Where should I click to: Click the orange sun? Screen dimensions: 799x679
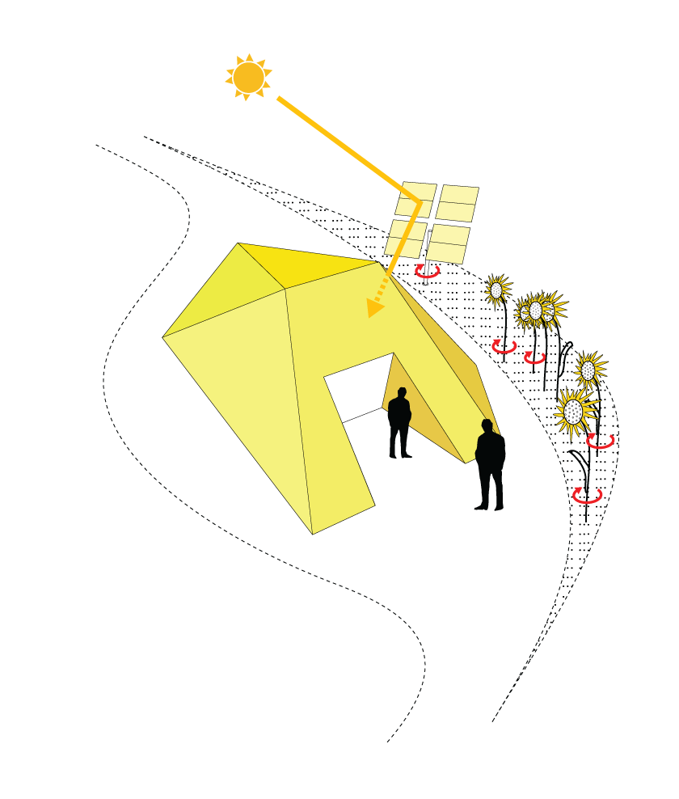pos(248,78)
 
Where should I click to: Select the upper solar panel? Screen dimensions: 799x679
pos(432,222)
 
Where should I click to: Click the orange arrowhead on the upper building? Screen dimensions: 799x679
pos(373,308)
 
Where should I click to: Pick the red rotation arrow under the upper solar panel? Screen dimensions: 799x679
pos(427,271)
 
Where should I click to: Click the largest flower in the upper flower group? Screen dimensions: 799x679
pos(574,412)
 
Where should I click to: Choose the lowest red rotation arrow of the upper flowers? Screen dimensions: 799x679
pos(587,495)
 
